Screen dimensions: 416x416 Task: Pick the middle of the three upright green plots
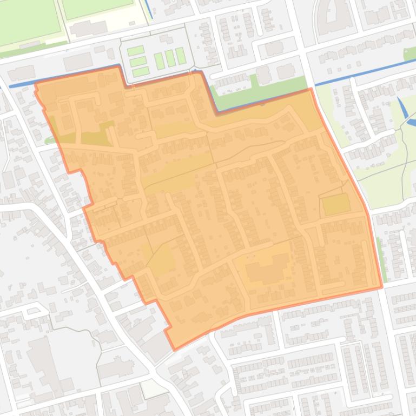click(x=170, y=57)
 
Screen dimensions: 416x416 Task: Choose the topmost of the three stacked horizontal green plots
click(x=135, y=51)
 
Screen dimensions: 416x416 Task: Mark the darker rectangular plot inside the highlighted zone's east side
click(x=336, y=205)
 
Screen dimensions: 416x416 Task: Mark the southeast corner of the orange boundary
click(x=381, y=287)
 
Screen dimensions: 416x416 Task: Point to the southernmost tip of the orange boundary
click(x=174, y=349)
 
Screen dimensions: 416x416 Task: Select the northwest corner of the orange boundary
click(x=36, y=84)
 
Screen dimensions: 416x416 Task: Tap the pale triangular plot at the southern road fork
click(x=153, y=388)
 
